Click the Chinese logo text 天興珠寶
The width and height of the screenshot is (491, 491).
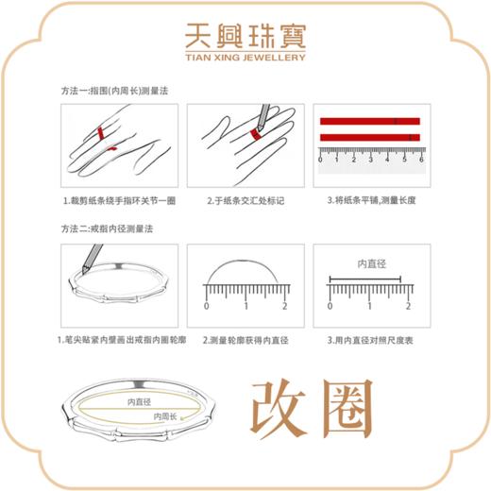[x=245, y=37]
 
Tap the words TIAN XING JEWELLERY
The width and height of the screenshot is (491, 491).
[x=245, y=57]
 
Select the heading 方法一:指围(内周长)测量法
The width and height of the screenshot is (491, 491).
[x=116, y=92]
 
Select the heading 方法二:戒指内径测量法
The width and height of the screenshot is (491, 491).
[x=109, y=229]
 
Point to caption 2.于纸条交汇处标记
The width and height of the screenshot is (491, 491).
[x=245, y=201]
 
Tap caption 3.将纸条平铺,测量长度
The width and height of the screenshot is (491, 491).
[x=370, y=201]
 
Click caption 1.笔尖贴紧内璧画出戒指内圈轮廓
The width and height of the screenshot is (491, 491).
[x=118, y=339]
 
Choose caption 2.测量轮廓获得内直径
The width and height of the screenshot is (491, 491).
[x=245, y=339]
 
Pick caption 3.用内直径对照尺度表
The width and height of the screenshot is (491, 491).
[x=370, y=339]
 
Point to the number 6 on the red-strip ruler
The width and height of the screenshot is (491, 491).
[x=420, y=159]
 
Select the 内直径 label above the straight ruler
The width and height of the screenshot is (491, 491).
[x=370, y=263]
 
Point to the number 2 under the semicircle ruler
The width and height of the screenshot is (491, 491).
[x=284, y=307]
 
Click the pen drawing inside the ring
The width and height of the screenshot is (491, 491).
[x=93, y=257]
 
